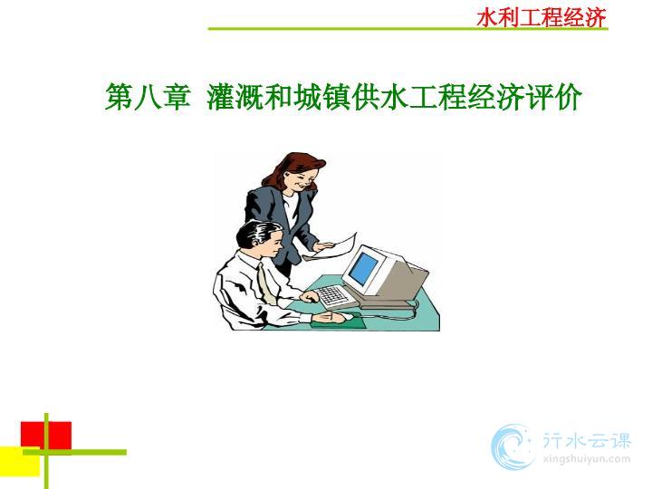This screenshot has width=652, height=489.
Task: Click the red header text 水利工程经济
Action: click(542, 18)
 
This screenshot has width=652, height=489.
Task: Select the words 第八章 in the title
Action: click(148, 97)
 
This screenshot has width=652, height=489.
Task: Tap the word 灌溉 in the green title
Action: click(235, 97)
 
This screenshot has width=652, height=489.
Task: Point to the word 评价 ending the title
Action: click(553, 97)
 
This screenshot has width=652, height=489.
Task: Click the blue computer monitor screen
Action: click(362, 268)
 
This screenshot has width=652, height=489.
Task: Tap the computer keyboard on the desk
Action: click(331, 295)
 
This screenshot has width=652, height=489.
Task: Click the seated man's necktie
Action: click(265, 283)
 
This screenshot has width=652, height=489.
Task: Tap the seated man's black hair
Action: click(254, 234)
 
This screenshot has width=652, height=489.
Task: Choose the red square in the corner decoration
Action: click(46, 436)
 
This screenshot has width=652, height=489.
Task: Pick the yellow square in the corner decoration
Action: click(20, 462)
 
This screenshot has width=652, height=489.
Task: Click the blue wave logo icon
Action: click(512, 447)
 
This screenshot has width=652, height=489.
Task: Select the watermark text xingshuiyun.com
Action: click(587, 460)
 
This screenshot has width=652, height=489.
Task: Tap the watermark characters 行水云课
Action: click(587, 440)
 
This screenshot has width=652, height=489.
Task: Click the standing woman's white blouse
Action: click(291, 210)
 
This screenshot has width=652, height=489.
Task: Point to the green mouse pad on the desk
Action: click(338, 321)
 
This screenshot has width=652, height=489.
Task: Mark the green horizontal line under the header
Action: click(407, 29)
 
